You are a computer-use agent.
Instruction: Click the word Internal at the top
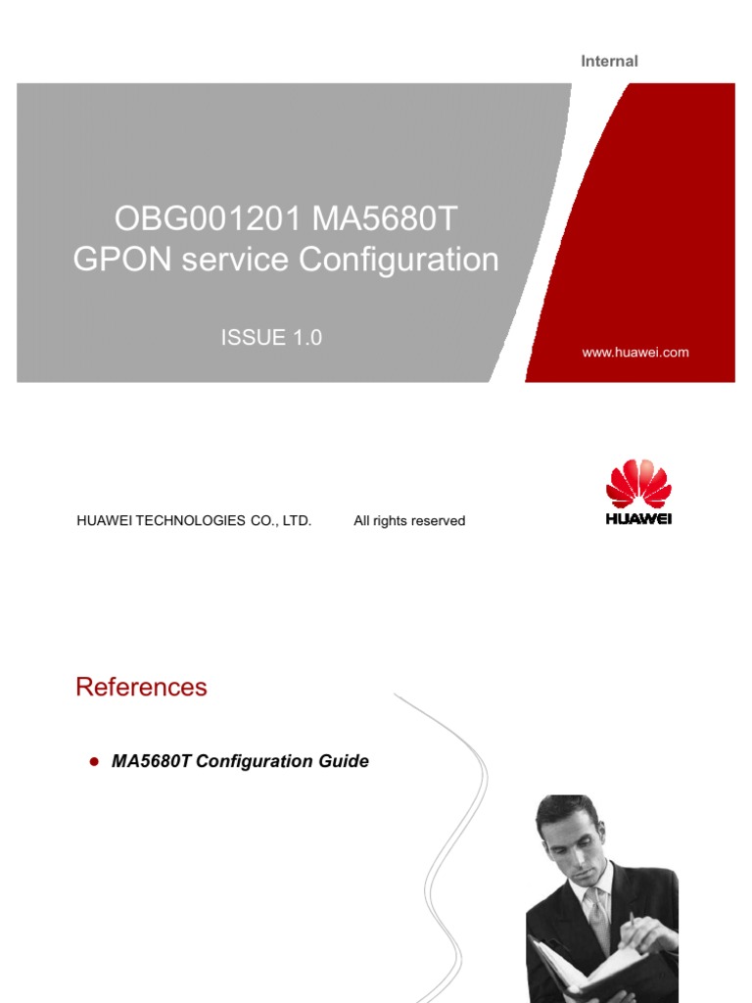tap(609, 61)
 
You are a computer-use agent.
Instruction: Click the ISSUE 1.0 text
tap(271, 338)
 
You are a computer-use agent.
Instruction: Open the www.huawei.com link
tap(635, 353)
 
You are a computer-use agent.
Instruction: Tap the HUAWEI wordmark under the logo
tap(638, 519)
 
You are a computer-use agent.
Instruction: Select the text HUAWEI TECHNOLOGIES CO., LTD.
tap(194, 521)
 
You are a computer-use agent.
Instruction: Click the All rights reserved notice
tap(409, 521)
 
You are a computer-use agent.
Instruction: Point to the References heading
tap(141, 687)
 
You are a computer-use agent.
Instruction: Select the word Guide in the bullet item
tap(345, 761)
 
